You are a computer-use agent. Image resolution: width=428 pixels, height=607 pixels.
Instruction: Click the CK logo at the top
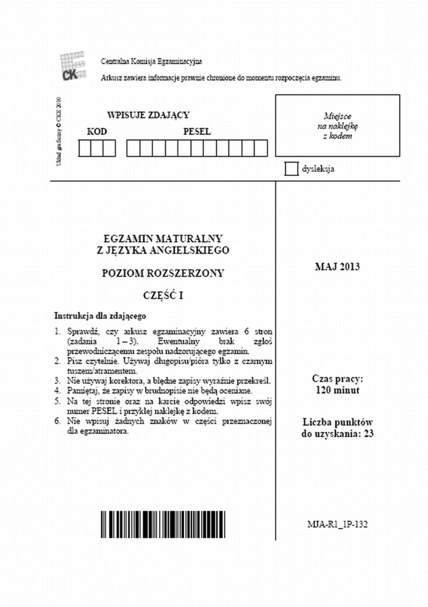pyautogui.click(x=72, y=67)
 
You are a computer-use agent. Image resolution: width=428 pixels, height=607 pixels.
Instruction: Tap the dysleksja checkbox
pyautogui.click(x=291, y=169)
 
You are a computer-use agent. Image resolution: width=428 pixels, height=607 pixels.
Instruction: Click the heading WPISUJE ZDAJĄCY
pyautogui.click(x=148, y=115)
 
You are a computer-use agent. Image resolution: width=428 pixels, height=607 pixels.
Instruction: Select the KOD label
pyautogui.click(x=97, y=132)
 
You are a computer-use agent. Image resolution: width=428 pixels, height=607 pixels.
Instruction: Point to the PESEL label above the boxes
pyautogui.click(x=197, y=132)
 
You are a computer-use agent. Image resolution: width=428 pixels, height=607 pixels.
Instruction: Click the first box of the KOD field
pyautogui.click(x=85, y=148)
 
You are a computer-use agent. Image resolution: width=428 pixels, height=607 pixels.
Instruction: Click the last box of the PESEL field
pyautogui.click(x=261, y=148)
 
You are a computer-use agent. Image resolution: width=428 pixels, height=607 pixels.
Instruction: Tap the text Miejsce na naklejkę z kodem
pyautogui.click(x=338, y=126)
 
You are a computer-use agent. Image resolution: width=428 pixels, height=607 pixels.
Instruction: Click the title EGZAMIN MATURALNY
pyautogui.click(x=163, y=239)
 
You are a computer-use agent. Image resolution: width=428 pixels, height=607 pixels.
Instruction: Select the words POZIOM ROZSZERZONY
pyautogui.click(x=163, y=274)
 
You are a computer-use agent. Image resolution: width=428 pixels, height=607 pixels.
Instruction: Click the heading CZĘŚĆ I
pyautogui.click(x=163, y=296)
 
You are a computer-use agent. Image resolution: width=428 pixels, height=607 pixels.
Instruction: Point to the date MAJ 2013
pyautogui.click(x=337, y=267)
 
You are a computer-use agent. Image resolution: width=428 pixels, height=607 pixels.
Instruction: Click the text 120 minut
pyautogui.click(x=337, y=390)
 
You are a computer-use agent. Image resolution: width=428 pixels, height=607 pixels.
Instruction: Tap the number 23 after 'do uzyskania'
pyautogui.click(x=369, y=434)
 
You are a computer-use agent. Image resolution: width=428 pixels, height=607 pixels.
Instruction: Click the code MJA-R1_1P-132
pyautogui.click(x=337, y=524)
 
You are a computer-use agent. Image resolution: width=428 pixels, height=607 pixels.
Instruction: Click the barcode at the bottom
pyautogui.click(x=163, y=524)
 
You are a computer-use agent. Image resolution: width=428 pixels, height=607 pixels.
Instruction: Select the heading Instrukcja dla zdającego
pyautogui.click(x=100, y=316)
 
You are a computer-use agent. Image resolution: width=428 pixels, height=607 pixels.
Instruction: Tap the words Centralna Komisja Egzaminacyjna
pyautogui.click(x=152, y=62)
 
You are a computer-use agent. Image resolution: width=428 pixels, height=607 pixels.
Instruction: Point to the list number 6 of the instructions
pyautogui.click(x=57, y=421)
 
